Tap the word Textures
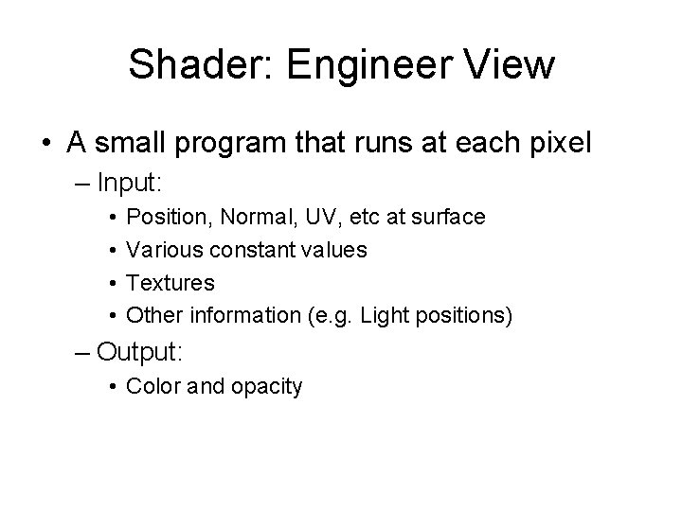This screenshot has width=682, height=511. pos(170,282)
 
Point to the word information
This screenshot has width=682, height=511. pos(233,314)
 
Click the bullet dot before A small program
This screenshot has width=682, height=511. pos(45,144)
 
